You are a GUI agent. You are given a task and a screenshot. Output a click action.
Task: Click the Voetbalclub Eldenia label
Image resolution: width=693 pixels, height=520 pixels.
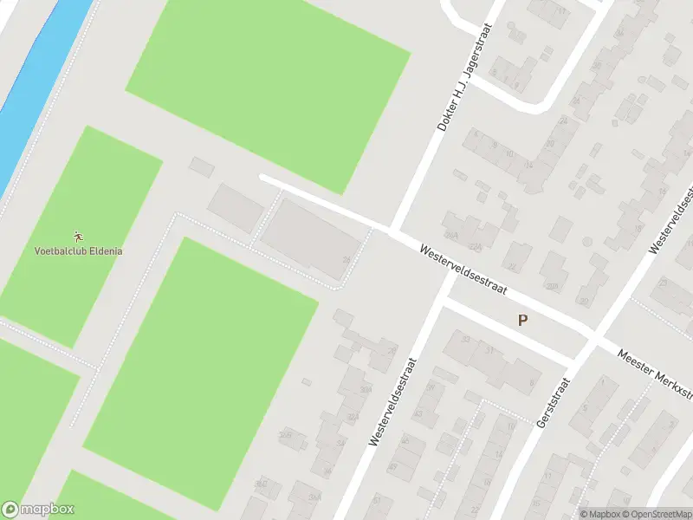[78, 251]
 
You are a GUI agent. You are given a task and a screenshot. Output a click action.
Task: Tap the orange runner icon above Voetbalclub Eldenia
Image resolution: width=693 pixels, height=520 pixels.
[78, 236]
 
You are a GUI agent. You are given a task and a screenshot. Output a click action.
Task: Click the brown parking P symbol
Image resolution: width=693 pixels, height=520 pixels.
[522, 320]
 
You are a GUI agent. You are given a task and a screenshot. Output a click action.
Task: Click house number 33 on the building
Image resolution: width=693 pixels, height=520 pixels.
[466, 338]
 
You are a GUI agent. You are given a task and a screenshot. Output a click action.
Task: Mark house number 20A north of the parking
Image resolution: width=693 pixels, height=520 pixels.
[552, 286]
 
